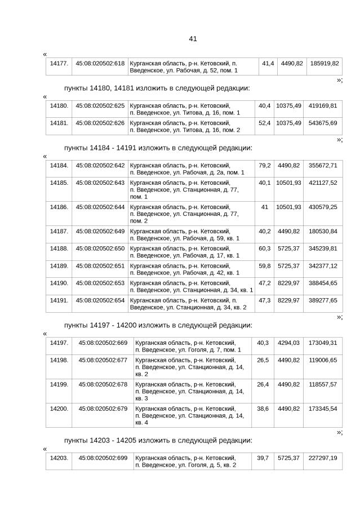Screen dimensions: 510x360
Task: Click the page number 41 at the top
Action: point(193,39)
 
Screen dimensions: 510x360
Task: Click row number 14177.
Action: point(59,63)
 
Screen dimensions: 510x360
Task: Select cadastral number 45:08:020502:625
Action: point(100,105)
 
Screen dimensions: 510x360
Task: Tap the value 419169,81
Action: point(323,105)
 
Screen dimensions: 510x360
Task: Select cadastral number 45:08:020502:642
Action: point(100,165)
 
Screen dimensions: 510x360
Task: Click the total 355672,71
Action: point(323,165)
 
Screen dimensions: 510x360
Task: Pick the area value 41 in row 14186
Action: point(264,207)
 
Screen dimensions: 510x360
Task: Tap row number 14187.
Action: point(59,231)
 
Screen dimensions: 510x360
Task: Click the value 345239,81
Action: point(323,249)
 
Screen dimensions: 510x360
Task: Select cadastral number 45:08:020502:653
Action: point(100,283)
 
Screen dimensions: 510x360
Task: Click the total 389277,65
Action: point(323,300)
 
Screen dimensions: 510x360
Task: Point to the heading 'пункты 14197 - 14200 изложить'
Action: point(158,325)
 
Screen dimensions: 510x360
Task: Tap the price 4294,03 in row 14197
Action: point(288,343)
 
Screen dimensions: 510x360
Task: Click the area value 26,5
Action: point(263,360)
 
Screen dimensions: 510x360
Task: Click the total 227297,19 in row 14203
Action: point(323,458)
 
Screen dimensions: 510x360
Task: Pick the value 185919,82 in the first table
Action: point(323,63)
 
